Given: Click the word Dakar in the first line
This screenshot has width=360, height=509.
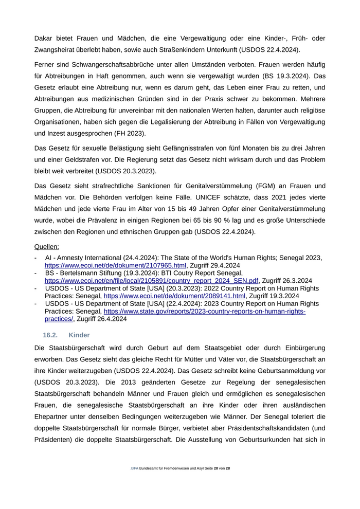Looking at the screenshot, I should coord(45,39).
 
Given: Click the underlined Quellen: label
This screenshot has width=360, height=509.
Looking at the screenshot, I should coord(46,247).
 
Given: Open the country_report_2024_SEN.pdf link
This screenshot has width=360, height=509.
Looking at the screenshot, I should coord(151,281).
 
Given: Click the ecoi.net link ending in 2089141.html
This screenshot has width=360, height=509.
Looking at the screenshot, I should coord(174,296).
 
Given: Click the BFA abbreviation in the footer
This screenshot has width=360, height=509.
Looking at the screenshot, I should coord(135,468).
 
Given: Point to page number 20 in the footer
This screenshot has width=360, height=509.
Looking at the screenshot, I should coord(215,468).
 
